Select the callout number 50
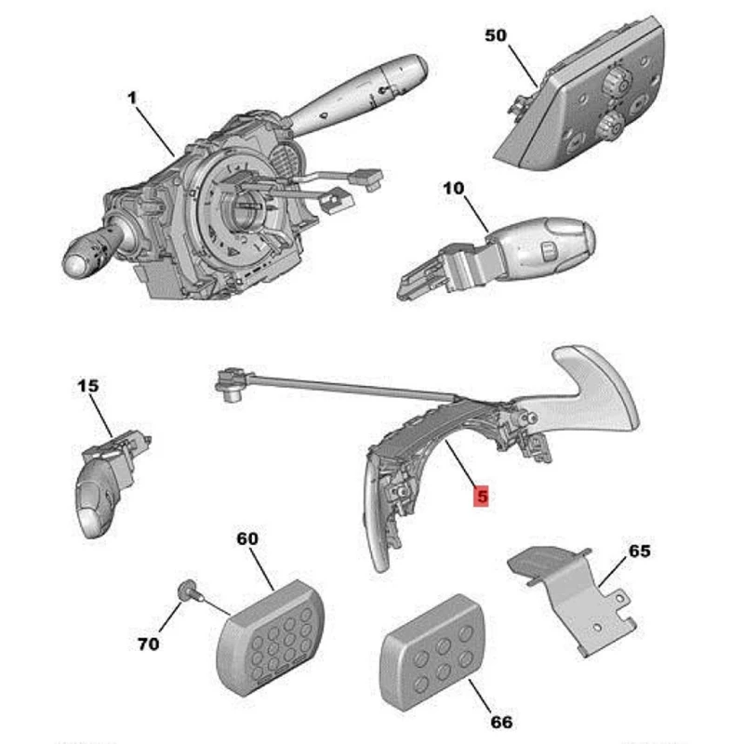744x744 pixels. [495, 36]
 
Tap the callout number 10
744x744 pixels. [453, 189]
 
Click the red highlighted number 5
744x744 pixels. [481, 497]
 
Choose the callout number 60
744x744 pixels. [247, 538]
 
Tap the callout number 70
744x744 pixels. [148, 643]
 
